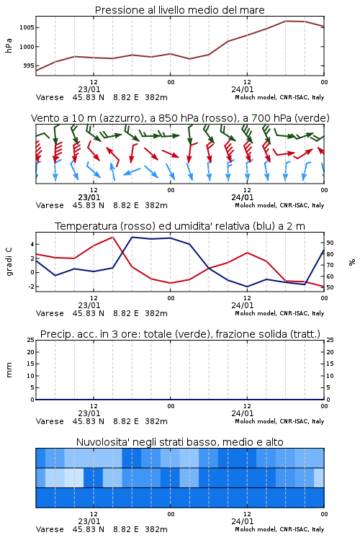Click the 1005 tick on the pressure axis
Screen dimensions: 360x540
[x=27, y=27]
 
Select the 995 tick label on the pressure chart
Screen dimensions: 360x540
[x=29, y=66]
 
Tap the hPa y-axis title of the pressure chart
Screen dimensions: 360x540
[x=9, y=45]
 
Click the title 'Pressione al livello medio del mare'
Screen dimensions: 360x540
[x=180, y=10]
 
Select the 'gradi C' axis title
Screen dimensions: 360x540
[x=9, y=261]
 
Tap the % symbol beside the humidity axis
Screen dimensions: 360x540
[x=352, y=262]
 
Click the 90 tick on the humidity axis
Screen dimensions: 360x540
[x=330, y=243]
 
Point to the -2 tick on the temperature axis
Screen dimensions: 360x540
[x=31, y=287]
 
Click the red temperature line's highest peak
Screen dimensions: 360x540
[x=112, y=237]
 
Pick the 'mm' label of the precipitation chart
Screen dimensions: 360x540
[x=9, y=370]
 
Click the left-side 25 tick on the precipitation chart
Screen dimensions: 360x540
[x=31, y=340]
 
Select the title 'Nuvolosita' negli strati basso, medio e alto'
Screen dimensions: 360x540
[x=180, y=442]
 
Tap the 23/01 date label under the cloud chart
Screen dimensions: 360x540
[x=89, y=521]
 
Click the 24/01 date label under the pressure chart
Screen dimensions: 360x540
[x=243, y=89]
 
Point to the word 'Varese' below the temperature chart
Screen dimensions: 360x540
[x=50, y=313]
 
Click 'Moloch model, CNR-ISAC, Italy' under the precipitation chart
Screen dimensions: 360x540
[x=279, y=421]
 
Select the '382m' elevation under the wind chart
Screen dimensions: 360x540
[x=156, y=205]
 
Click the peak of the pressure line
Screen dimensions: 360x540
[x=286, y=21]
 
